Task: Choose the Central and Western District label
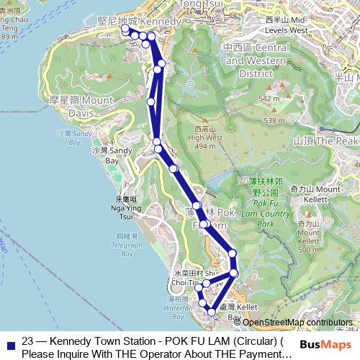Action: click(x=256, y=60)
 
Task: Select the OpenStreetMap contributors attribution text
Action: click(x=297, y=323)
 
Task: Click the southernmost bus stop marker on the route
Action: click(x=211, y=312)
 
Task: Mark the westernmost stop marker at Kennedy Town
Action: click(x=125, y=29)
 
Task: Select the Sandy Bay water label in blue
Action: click(x=63, y=137)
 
